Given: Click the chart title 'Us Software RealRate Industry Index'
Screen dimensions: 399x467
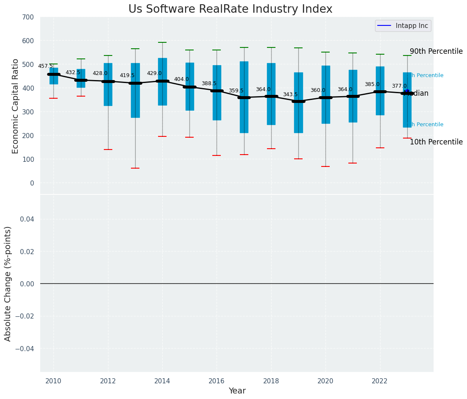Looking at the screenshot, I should (x=230, y=9).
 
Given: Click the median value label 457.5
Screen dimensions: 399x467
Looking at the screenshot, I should (x=45, y=66).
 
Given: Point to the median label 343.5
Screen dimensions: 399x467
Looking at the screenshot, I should (x=290, y=94).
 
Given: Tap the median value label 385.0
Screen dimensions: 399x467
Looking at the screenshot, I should (x=372, y=84).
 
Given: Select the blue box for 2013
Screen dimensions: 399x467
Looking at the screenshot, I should (x=135, y=90).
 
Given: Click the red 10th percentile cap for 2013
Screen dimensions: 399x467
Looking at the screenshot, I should (x=135, y=168).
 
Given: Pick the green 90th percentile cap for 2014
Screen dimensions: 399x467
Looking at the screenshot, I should (x=162, y=42).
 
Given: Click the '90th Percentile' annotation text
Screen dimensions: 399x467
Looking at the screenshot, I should (x=436, y=51).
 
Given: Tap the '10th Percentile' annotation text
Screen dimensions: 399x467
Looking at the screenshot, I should (x=436, y=142).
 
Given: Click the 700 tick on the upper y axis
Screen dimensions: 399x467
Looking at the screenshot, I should (x=28, y=17).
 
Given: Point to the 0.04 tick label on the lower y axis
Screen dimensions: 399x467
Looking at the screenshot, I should (x=26, y=219).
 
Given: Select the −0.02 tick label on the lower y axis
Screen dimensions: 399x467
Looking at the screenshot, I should (x=25, y=316).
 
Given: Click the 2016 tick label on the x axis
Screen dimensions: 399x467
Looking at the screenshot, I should (x=217, y=381).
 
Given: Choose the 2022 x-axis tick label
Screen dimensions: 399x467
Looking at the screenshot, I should (x=380, y=381).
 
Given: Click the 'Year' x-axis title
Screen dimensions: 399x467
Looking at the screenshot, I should (x=237, y=391).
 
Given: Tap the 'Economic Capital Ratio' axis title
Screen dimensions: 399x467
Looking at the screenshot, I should (x=16, y=106).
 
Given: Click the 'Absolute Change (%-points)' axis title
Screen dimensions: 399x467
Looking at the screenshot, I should (x=8, y=283).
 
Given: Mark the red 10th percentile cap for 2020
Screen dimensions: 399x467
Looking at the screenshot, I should (x=325, y=166).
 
